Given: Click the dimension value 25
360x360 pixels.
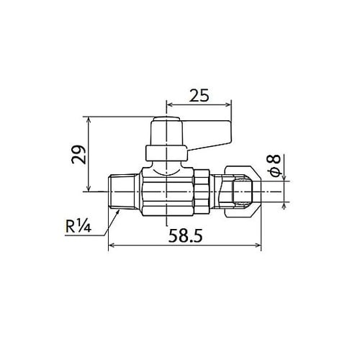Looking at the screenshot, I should point(200,94).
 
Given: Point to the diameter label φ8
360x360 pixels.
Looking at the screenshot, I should point(278,165).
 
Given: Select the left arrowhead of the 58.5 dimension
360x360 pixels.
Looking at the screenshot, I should point(110,246).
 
